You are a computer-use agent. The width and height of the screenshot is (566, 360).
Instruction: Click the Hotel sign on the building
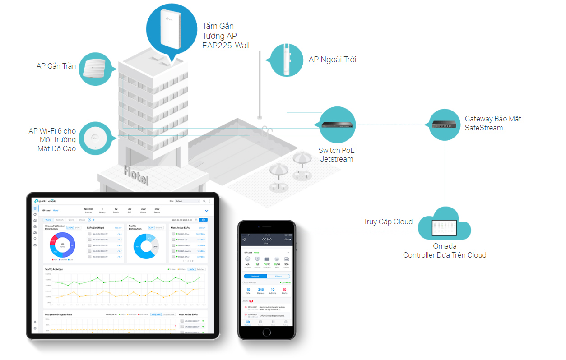pyautogui.click(x=135, y=175)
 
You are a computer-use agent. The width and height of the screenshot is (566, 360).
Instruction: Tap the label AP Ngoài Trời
pyautogui.click(x=332, y=60)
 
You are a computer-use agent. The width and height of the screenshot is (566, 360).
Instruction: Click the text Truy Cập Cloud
pyautogui.click(x=388, y=222)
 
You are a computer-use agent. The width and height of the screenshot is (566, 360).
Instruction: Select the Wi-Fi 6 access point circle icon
pyautogui.click(x=95, y=138)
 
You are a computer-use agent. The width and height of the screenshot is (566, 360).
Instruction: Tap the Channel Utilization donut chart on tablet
pyautogui.click(x=62, y=246)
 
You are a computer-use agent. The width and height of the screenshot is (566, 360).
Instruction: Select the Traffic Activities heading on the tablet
pyautogui.click(x=54, y=269)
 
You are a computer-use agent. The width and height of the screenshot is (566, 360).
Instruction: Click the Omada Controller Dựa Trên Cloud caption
pyautogui.click(x=445, y=250)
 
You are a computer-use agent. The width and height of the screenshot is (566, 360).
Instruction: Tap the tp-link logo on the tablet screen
pyautogui.click(x=41, y=201)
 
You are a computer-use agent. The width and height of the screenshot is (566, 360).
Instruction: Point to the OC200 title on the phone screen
pyautogui.click(x=266, y=240)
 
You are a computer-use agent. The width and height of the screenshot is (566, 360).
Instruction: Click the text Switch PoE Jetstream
pyautogui.click(x=336, y=155)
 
